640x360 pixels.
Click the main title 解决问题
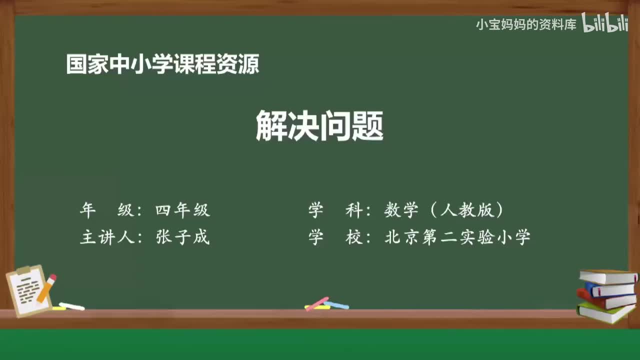[x=319, y=126]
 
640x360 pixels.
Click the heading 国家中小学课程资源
[x=162, y=64]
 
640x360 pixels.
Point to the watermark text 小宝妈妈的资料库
[x=526, y=24]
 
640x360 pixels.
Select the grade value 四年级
[x=182, y=210]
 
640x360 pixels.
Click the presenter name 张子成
[x=182, y=237]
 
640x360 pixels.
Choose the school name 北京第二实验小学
[x=457, y=237]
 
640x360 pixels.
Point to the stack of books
[x=606, y=296]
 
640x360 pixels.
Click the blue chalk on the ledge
[x=337, y=304]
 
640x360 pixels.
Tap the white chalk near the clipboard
[x=71, y=306]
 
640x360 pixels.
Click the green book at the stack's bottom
[x=605, y=312]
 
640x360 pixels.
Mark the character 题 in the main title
[x=367, y=126]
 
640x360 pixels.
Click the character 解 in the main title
[x=271, y=126]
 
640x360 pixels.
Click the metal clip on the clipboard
[x=23, y=270]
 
